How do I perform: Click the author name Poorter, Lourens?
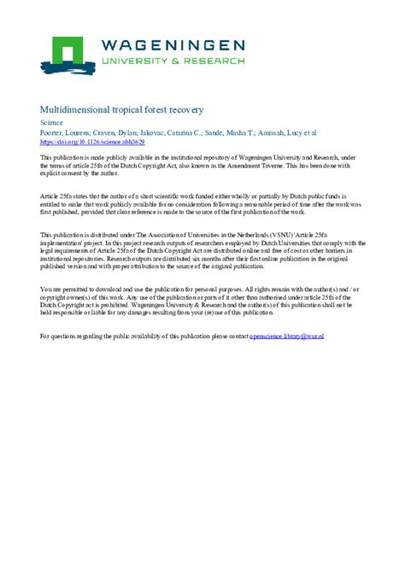click(x=64, y=133)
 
